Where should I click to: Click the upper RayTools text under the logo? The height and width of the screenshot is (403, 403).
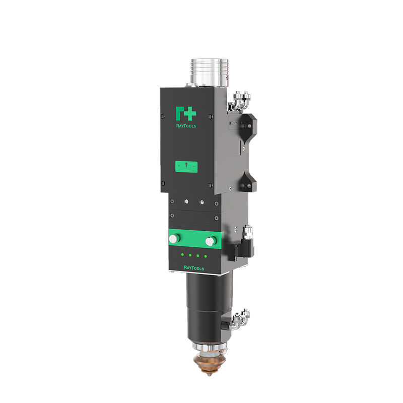coord(186,126)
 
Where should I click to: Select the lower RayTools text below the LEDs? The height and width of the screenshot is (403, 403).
coord(194,268)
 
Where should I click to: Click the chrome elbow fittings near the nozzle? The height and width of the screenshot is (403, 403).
coord(240,318)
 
